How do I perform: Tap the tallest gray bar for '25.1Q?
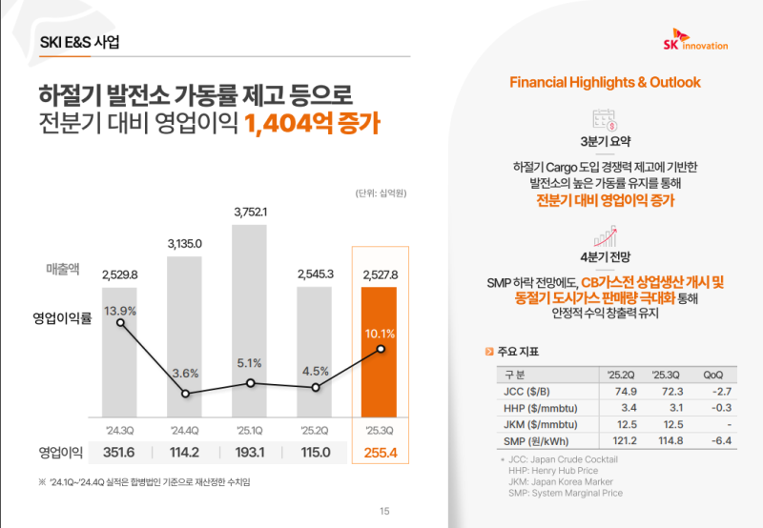[x=251, y=324]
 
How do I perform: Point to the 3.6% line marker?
[x=186, y=393]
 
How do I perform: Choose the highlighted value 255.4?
[x=381, y=452]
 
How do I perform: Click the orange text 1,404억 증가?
[x=312, y=124]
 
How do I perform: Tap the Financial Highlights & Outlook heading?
[x=605, y=82]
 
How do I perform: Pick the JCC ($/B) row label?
[x=524, y=390]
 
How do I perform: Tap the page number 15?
[x=384, y=512]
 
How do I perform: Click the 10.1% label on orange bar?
[x=381, y=334]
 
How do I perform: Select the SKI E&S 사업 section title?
[x=80, y=43]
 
